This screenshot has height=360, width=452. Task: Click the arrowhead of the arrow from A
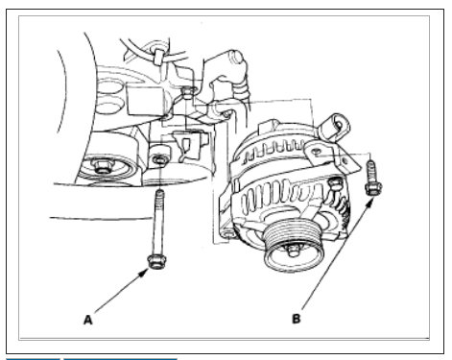[x=146, y=268]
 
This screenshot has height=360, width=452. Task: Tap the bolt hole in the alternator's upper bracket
[x=317, y=151]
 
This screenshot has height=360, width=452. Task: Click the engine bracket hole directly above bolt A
[x=157, y=157]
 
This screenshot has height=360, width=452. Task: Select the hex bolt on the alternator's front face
[x=336, y=181]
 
